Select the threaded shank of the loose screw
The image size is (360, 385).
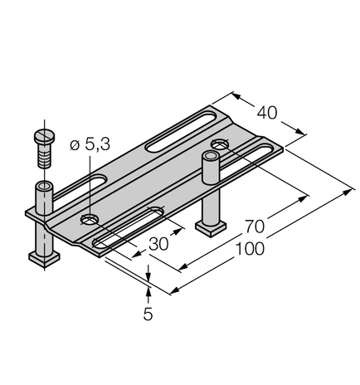pos(43,154)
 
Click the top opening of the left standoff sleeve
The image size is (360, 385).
pos(43,185)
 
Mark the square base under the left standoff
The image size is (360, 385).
pos(41,260)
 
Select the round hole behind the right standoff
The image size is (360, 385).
pos(220,145)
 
